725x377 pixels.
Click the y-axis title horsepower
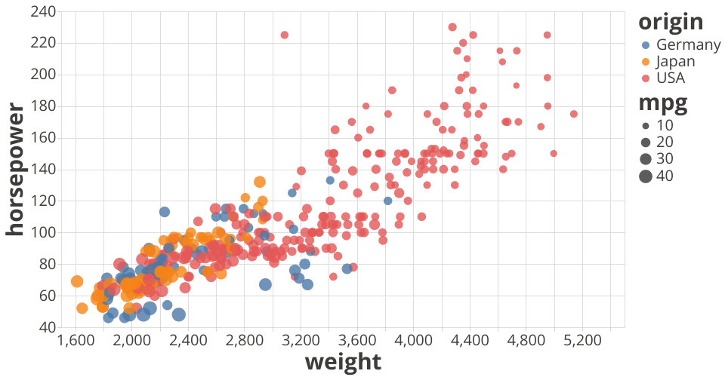click(x=15, y=170)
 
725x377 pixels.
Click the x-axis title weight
click(x=343, y=362)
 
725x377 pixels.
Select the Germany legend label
click(x=688, y=44)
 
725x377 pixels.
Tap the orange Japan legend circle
click(x=646, y=61)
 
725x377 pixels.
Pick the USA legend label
click(x=671, y=78)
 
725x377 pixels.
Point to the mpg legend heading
click(x=662, y=104)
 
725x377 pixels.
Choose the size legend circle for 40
click(x=646, y=176)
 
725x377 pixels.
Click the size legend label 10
click(x=665, y=125)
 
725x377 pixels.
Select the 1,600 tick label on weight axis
click(x=76, y=341)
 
